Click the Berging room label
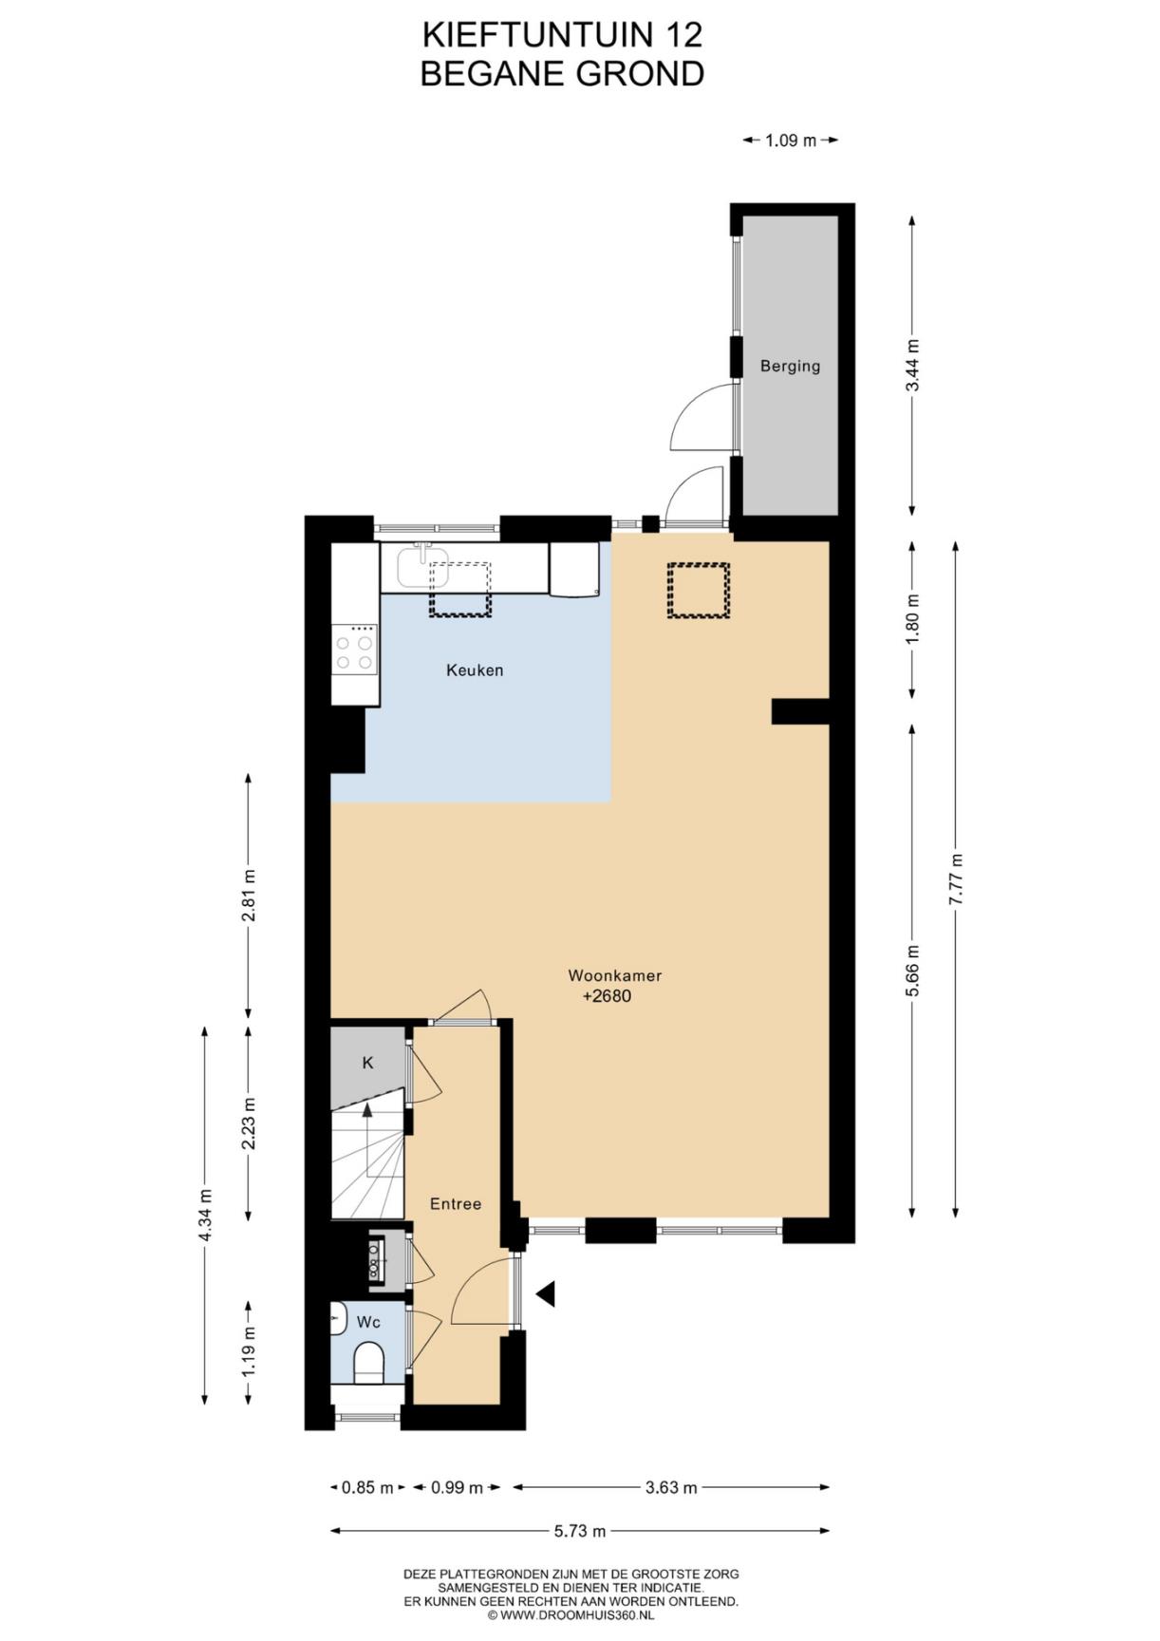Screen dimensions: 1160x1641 coord(790,366)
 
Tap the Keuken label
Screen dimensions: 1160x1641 coord(475,670)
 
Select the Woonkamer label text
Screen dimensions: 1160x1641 coord(614,975)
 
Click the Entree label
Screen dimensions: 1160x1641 coord(456,1203)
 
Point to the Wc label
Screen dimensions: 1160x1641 coord(368,1322)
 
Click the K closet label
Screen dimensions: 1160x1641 coord(367,1063)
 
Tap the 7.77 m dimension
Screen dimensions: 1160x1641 coord(957,879)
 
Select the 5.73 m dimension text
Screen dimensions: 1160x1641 coord(580,1531)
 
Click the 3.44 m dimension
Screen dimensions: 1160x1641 coord(912,366)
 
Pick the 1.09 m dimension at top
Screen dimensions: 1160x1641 coord(791,141)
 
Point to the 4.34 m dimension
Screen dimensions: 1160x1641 coord(205,1215)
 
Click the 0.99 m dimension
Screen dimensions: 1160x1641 coord(457,1487)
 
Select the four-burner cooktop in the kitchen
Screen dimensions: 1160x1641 coord(354,648)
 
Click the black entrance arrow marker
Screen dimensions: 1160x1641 coord(546,1292)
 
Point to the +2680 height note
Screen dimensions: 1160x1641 coord(607,996)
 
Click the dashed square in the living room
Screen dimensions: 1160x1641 coord(698,591)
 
